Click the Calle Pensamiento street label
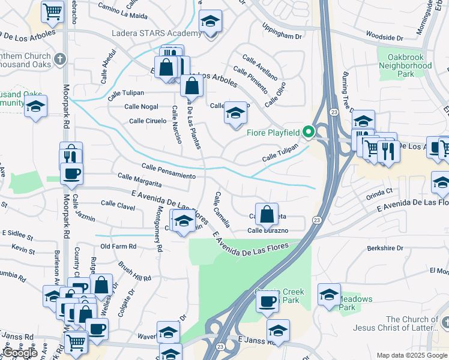(169, 171)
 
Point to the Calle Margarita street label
(140, 180)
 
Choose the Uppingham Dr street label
(282, 32)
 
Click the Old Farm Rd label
(119, 246)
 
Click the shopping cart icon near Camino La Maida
(53, 11)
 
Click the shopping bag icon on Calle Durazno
(267, 213)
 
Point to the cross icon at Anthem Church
(59, 59)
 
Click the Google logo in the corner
(20, 353)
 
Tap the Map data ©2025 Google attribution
(411, 356)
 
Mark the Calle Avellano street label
(260, 67)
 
